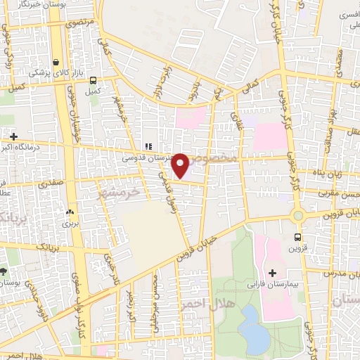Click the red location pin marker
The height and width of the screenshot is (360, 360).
click(x=181, y=165)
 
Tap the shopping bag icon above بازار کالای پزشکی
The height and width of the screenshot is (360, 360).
click(x=56, y=61)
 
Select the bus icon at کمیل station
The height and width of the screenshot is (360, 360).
click(x=92, y=79)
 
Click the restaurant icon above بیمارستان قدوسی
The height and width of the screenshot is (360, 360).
click(x=147, y=146)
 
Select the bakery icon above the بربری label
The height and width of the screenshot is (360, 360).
click(x=69, y=212)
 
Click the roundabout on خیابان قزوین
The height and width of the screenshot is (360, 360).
click(x=298, y=215)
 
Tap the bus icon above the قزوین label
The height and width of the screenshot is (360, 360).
click(x=297, y=236)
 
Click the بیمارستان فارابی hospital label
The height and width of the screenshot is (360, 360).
click(x=273, y=285)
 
